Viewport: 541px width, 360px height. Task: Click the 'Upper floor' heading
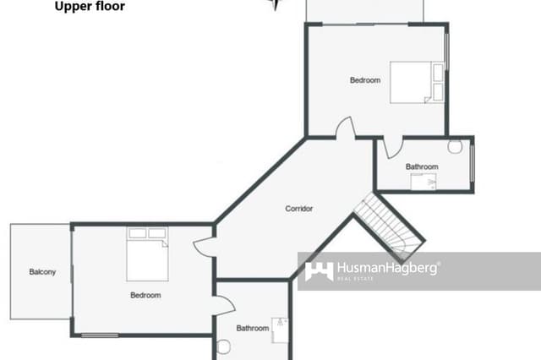(x=90, y=7)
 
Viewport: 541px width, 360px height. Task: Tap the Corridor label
(x=299, y=208)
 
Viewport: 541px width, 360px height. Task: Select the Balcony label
(x=42, y=271)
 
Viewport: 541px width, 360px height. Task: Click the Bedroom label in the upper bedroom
(x=365, y=80)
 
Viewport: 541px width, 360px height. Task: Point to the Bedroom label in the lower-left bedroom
(x=145, y=295)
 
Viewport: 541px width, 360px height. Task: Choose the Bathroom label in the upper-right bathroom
(x=422, y=166)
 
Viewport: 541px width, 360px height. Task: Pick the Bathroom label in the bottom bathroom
(x=252, y=328)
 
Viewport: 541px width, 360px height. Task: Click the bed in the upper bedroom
(x=416, y=82)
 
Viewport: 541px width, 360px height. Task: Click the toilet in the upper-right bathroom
(x=455, y=146)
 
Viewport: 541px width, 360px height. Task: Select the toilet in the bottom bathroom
(x=224, y=346)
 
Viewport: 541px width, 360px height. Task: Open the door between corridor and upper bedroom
(x=345, y=129)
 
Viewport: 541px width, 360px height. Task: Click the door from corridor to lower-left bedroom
(x=205, y=246)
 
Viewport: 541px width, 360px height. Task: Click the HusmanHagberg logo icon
(x=319, y=270)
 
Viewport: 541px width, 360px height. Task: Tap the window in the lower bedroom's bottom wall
(x=100, y=336)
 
